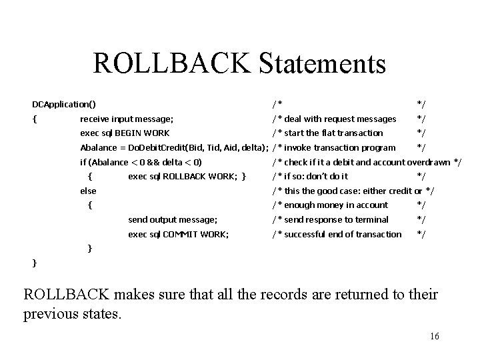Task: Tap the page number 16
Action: (435, 336)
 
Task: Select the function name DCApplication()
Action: (64, 104)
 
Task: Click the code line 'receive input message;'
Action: (127, 119)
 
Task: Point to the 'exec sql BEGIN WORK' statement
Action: (125, 133)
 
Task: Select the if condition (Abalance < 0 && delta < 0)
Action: (141, 162)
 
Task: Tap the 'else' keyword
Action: (88, 191)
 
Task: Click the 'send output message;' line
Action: (172, 219)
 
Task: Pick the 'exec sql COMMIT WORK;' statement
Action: (178, 234)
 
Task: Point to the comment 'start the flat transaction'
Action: (333, 133)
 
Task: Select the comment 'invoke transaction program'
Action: (339, 147)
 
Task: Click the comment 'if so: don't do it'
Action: (316, 177)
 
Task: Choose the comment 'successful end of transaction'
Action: (343, 234)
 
